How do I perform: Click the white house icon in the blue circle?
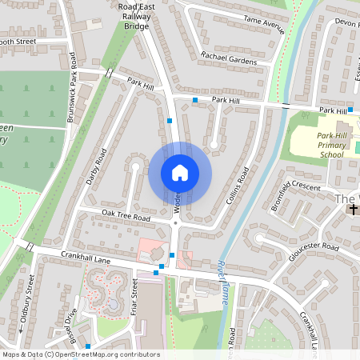tap(179, 173)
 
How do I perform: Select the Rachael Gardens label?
tap(229, 57)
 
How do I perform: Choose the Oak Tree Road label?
tap(126, 217)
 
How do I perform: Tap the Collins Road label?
tap(238, 186)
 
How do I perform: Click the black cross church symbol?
tap(352, 210)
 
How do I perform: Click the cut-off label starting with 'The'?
tap(346, 198)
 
